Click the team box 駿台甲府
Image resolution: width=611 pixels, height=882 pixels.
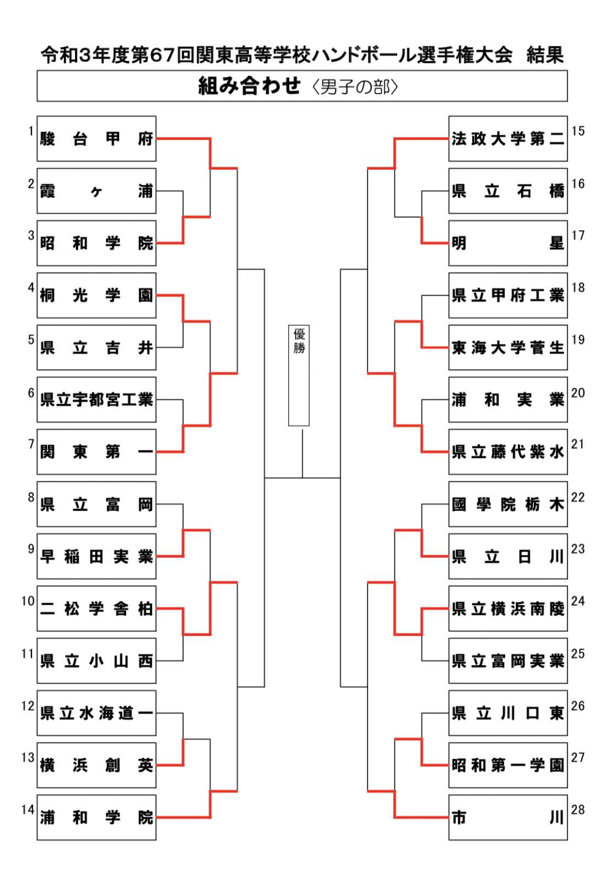(x=96, y=138)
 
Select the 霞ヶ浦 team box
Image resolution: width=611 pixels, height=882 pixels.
(x=96, y=191)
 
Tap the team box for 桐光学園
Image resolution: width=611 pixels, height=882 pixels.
(x=96, y=295)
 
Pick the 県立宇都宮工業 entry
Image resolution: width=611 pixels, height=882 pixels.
(x=96, y=400)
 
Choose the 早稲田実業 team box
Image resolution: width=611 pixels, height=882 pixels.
(x=96, y=556)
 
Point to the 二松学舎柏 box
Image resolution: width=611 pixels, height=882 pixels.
(x=96, y=609)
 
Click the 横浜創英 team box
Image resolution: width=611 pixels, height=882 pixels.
(x=96, y=765)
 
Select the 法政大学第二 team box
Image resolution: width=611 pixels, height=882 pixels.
(x=507, y=138)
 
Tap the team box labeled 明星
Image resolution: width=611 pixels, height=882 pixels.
(x=507, y=243)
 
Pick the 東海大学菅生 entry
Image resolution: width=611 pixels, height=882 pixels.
(x=507, y=347)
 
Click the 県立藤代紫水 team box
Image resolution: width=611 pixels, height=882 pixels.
(x=507, y=452)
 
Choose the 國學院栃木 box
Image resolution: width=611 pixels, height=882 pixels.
(x=507, y=504)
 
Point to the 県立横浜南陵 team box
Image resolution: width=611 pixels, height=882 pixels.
(x=507, y=609)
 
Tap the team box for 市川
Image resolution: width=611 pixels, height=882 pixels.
(x=507, y=818)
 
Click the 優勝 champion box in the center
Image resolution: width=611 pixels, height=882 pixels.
(x=299, y=375)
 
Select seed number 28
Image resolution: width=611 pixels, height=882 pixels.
(x=578, y=810)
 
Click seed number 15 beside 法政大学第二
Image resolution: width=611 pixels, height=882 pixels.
(x=578, y=131)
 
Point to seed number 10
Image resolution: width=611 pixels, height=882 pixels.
(x=28, y=601)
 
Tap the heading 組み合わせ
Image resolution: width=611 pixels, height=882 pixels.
(x=249, y=86)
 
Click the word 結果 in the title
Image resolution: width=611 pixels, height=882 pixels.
(x=544, y=55)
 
